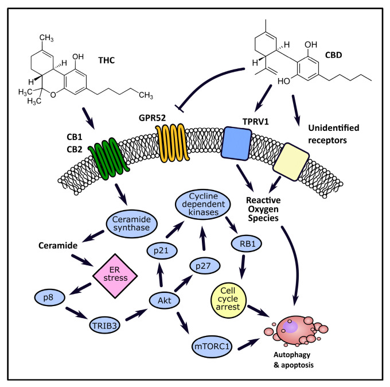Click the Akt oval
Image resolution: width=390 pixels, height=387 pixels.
pyautogui.click(x=161, y=298)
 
